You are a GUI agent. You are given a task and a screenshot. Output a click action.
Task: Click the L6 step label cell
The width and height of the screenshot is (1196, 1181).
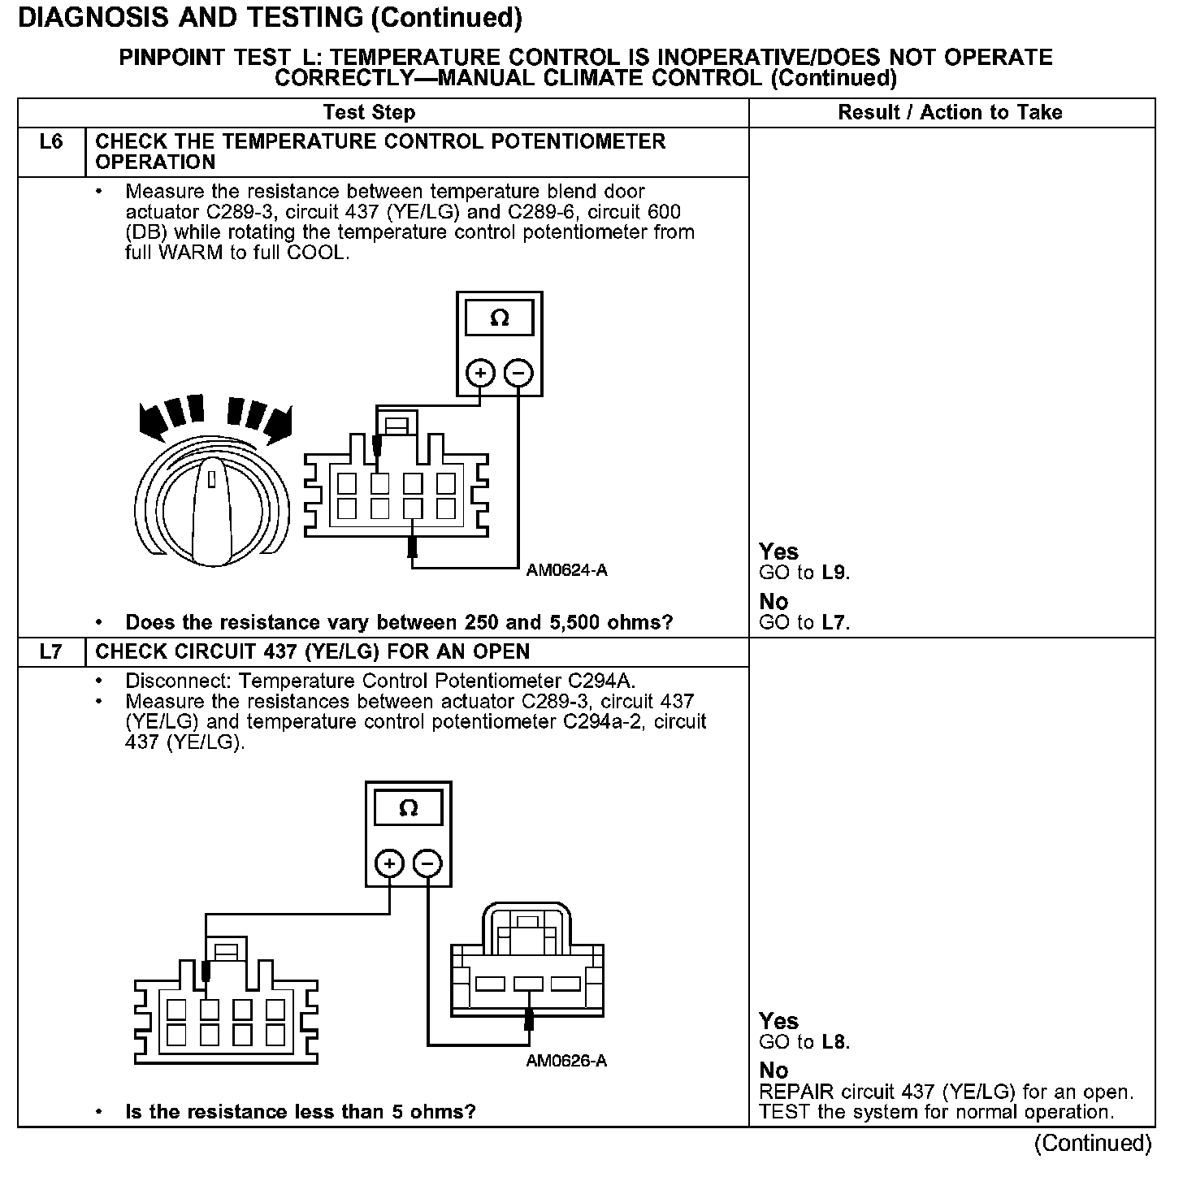(x=50, y=143)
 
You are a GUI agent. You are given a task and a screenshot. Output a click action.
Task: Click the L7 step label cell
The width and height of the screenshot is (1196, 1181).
(x=50, y=651)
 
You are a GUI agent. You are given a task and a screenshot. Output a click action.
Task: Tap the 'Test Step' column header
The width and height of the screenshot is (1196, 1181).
(x=369, y=112)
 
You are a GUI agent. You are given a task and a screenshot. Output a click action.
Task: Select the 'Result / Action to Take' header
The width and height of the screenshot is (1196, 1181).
(x=950, y=112)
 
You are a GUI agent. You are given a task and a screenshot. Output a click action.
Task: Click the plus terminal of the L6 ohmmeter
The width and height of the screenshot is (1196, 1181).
(x=480, y=373)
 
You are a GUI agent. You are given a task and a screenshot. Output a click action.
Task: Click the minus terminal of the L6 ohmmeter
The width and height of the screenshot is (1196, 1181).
(x=518, y=373)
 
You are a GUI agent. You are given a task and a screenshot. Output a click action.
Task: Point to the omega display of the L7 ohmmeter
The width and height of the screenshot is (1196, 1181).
(x=409, y=808)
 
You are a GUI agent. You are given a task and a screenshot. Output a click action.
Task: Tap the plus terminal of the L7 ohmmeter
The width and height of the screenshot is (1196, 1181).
(x=389, y=863)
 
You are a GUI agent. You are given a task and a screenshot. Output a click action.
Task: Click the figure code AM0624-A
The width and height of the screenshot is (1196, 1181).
(x=566, y=570)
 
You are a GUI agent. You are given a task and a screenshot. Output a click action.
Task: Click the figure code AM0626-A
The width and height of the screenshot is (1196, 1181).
(x=566, y=1061)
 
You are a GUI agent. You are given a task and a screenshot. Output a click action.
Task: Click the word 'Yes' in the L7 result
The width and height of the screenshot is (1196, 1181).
(x=778, y=1021)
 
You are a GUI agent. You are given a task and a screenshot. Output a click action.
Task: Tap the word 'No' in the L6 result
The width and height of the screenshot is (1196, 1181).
(x=773, y=602)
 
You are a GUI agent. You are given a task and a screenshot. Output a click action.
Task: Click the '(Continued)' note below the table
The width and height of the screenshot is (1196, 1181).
(x=1092, y=1144)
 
